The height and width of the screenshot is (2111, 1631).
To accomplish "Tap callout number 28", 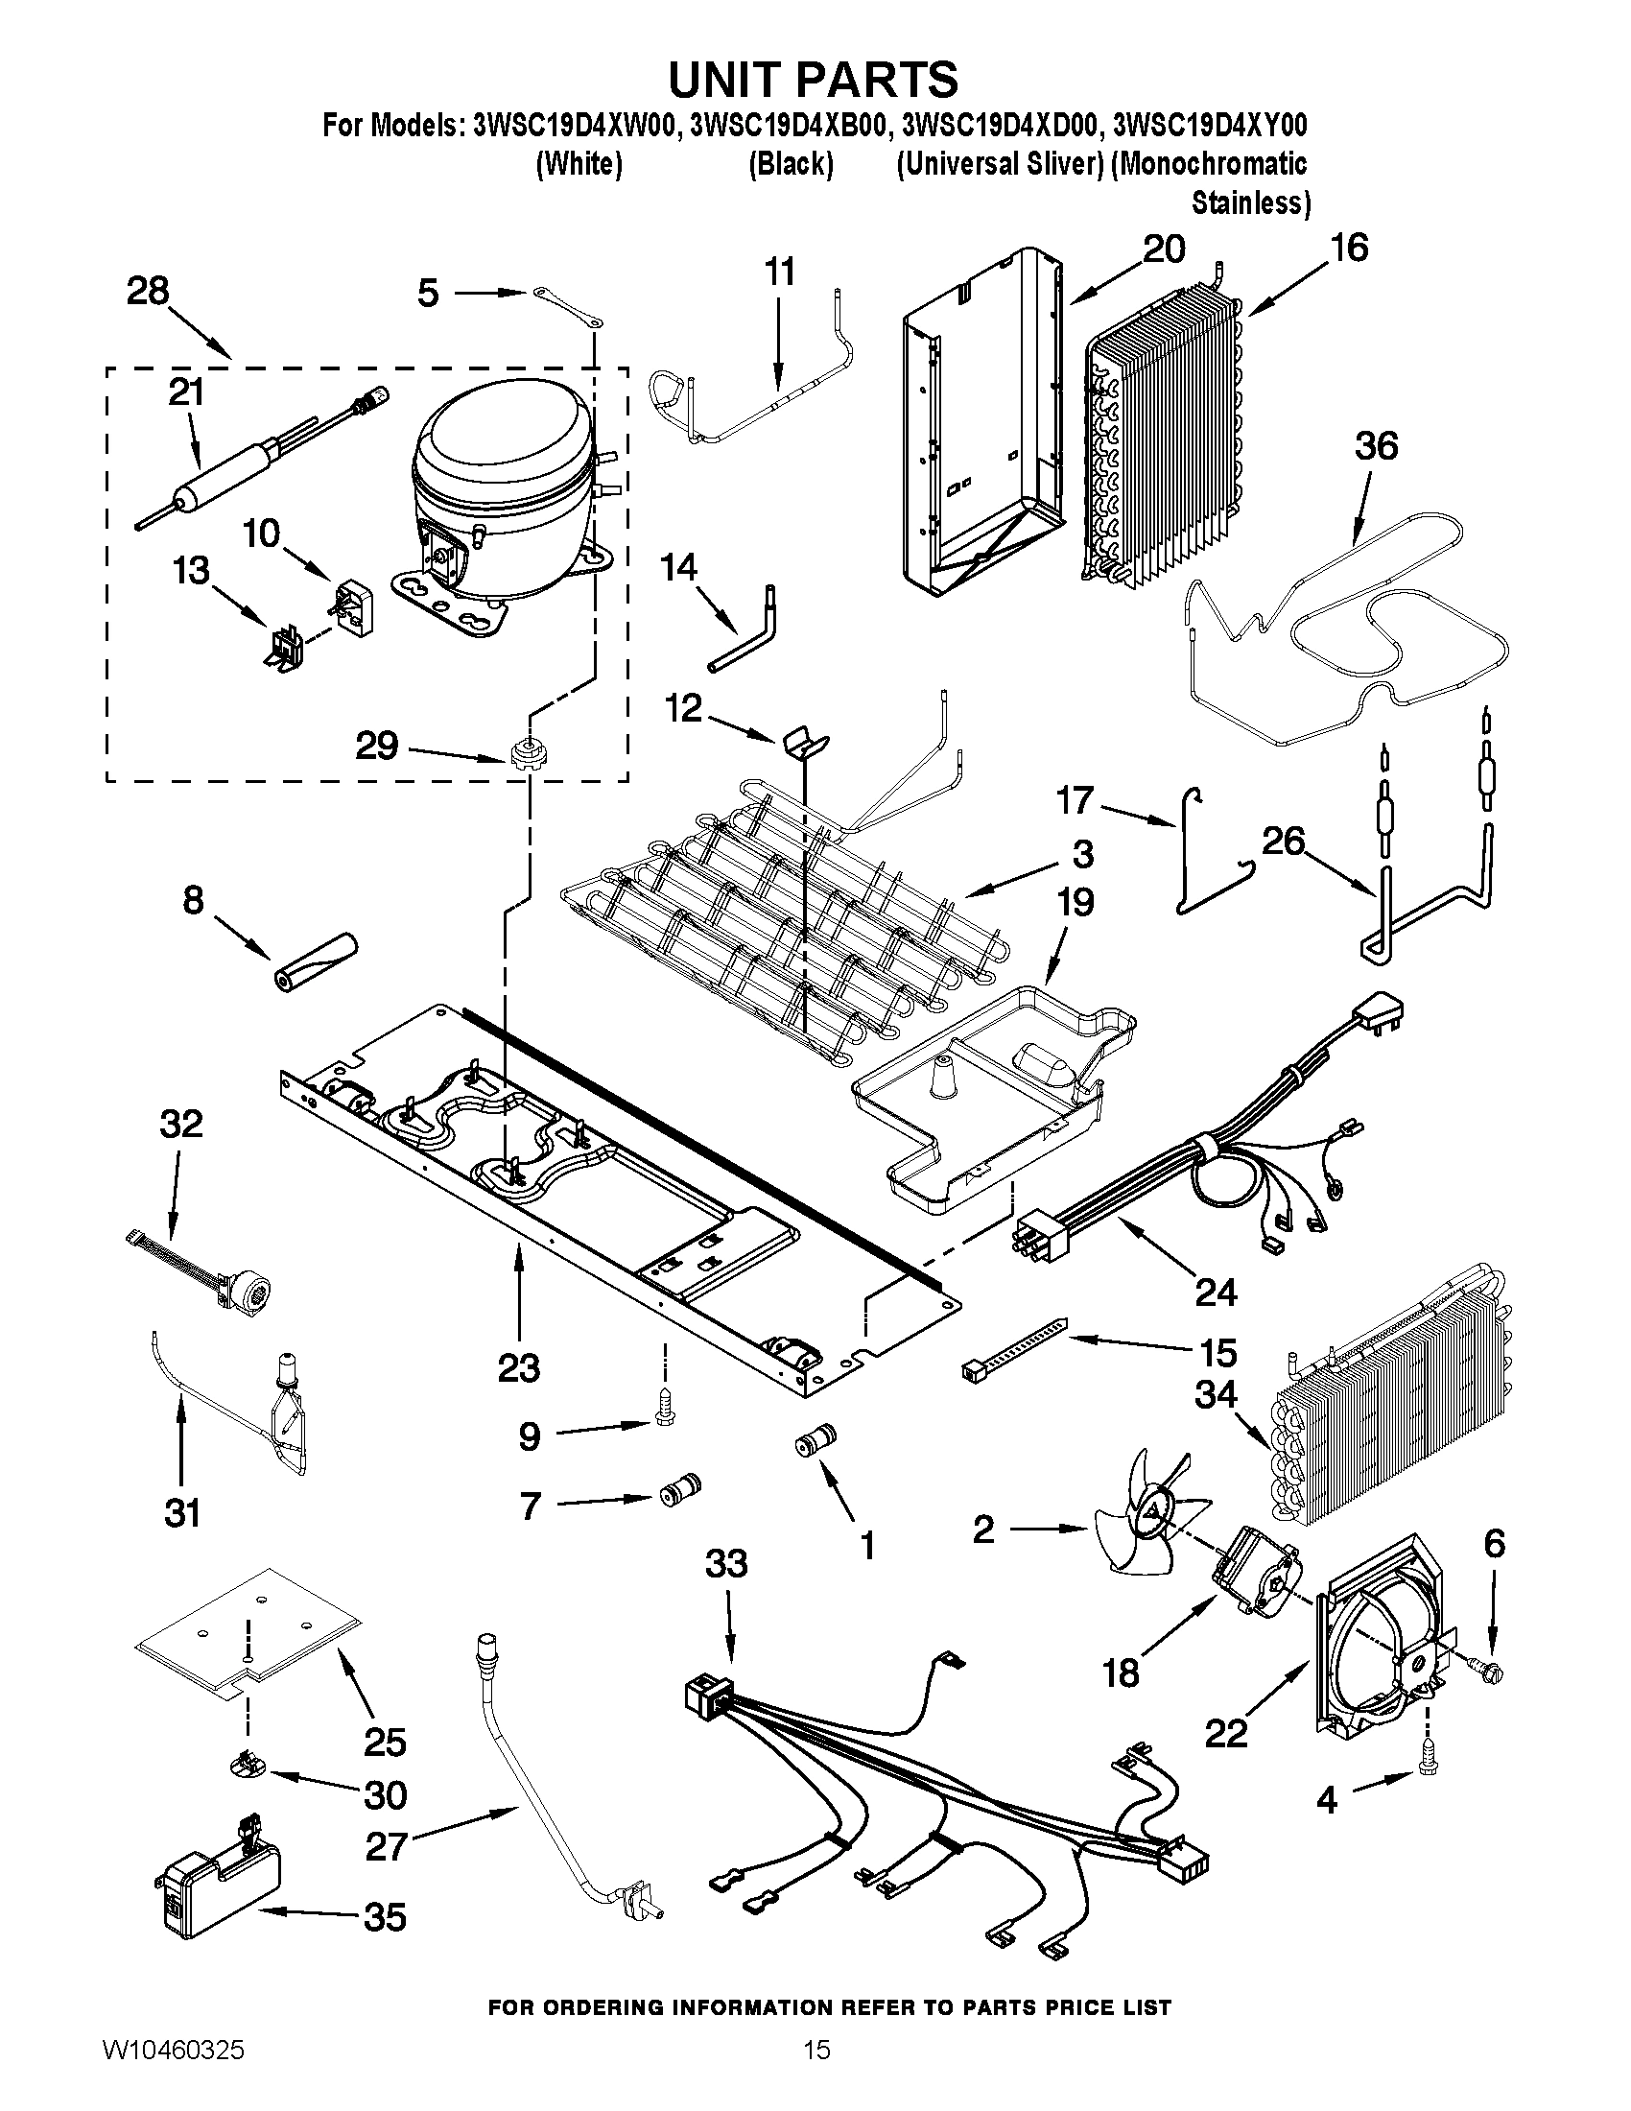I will click(x=148, y=291).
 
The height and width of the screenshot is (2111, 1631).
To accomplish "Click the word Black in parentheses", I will click(x=791, y=164).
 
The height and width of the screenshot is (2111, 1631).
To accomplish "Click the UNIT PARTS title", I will click(x=814, y=80).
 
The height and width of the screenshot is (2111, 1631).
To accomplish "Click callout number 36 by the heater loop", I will click(x=1376, y=445).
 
